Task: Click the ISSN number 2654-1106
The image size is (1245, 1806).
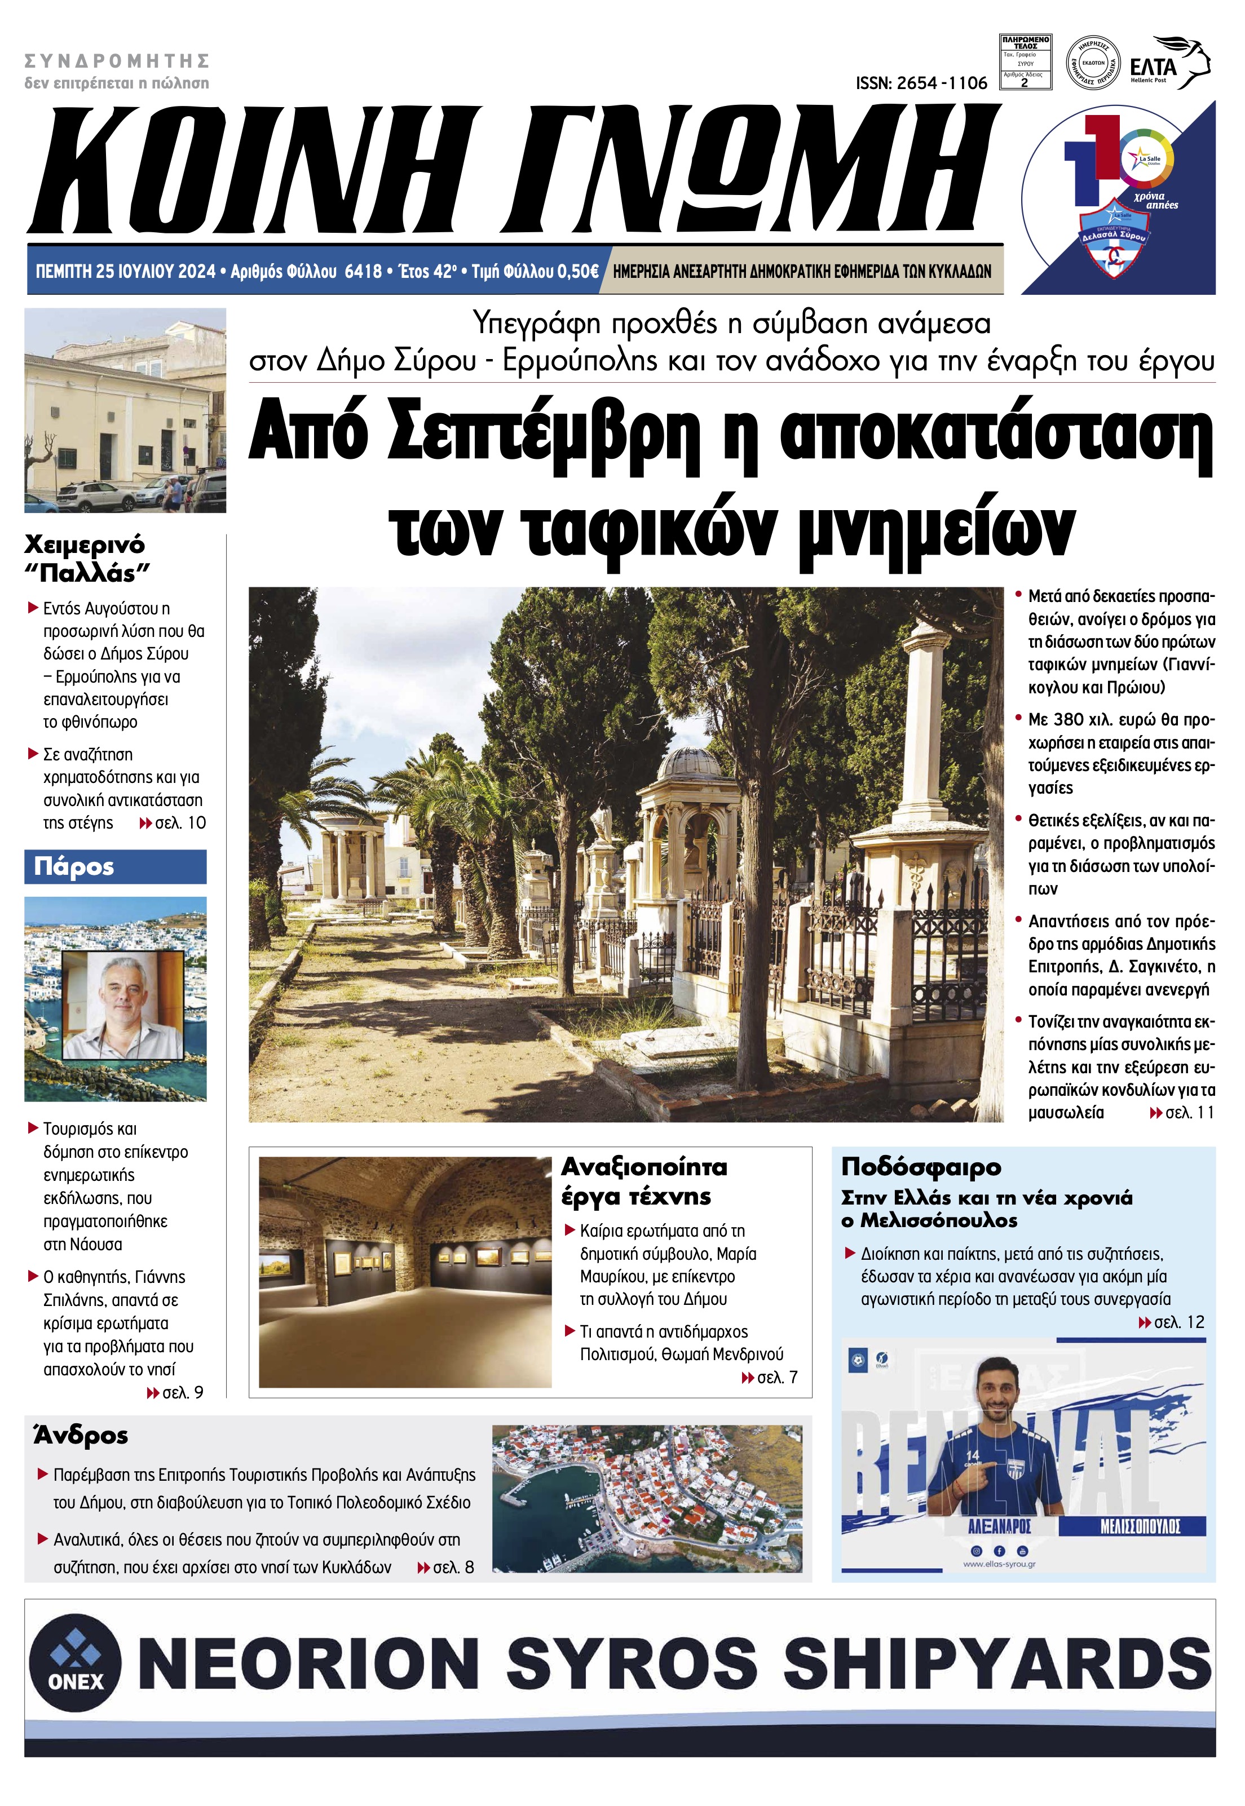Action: click(921, 83)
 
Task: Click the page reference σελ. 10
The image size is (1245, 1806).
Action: click(173, 823)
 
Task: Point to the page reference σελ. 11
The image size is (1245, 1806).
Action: click(1182, 1112)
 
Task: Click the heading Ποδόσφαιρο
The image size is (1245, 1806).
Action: click(920, 1167)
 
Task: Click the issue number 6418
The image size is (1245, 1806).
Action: click(363, 271)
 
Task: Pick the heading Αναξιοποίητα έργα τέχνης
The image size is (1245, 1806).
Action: click(643, 1181)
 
